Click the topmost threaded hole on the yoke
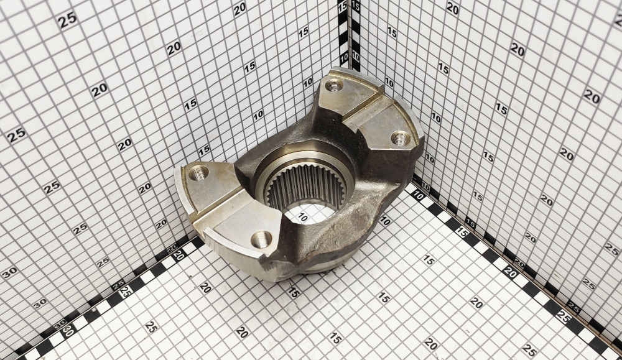click(x=334, y=85)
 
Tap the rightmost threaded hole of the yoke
click(x=400, y=137)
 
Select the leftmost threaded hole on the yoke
click(x=199, y=172)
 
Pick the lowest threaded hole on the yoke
click(x=261, y=239)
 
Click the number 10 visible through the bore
click(x=302, y=217)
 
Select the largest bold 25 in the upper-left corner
click(x=67, y=20)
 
